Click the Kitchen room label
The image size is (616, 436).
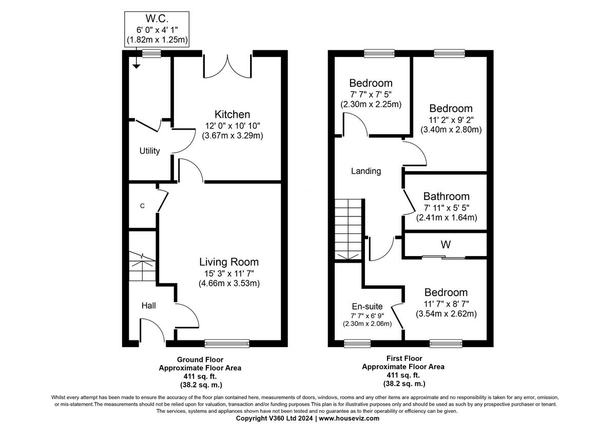coord(232,114)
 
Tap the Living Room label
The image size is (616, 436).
coord(229,262)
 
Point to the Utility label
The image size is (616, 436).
coord(149,151)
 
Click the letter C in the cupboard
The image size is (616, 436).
coord(142,206)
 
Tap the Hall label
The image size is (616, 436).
coord(148,306)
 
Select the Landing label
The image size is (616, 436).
coord(365,171)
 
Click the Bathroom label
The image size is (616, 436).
coord(446,196)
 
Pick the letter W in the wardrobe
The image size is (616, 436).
coord(445,245)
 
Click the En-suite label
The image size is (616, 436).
coord(367,306)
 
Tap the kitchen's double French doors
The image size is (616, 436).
coord(227,64)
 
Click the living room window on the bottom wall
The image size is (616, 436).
coord(227,342)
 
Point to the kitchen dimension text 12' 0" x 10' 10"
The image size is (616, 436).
coord(232,125)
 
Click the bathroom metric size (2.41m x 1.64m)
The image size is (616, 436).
coord(446,217)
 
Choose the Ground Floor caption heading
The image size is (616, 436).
coord(200,359)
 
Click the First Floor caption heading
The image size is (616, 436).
coord(403,358)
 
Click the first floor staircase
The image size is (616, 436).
coord(348,229)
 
